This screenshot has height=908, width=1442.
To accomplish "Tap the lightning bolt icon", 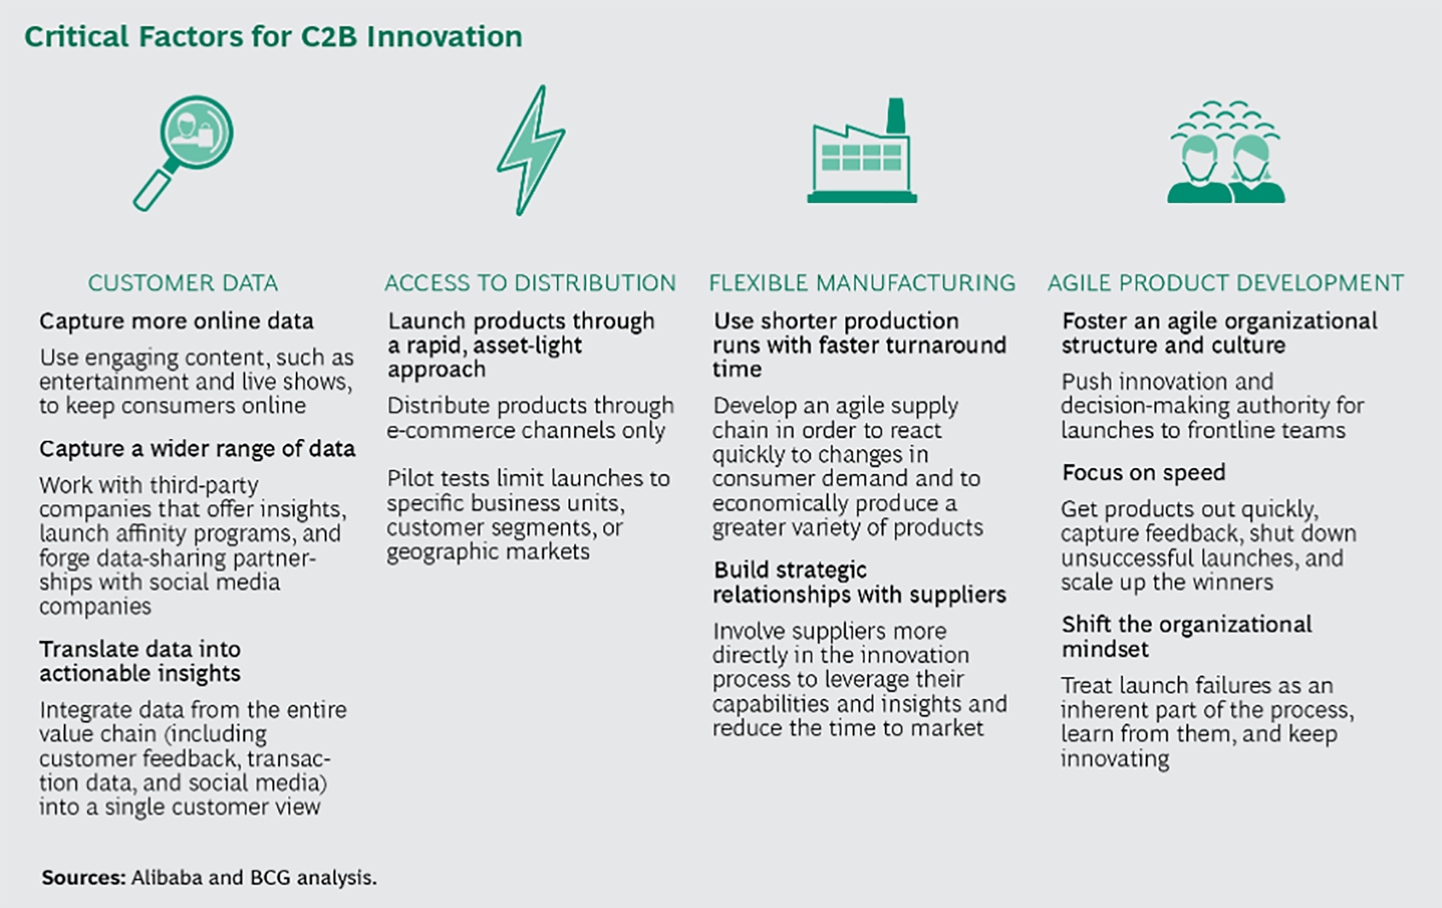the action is click(532, 150).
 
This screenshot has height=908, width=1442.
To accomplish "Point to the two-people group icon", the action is click(1226, 152).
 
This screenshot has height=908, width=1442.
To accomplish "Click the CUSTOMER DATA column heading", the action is click(183, 283).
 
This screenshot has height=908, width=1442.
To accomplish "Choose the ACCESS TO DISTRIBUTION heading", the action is click(530, 283).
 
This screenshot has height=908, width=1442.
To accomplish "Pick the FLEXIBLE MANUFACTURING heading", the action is click(862, 283).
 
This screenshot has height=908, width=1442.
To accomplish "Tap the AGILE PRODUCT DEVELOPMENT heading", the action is click(1226, 283).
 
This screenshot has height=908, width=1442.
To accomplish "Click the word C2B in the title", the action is click(329, 36).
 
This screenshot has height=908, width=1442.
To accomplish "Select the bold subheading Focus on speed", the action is click(1143, 473).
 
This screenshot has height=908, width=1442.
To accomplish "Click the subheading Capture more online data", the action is click(176, 321).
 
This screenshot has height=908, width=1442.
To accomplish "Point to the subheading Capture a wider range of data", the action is click(197, 449).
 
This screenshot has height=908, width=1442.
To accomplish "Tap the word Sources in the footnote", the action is click(83, 878).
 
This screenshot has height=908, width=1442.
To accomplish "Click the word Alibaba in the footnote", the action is click(167, 878).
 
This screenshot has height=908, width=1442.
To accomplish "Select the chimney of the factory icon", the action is click(896, 116).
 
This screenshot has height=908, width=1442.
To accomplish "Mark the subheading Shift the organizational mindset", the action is click(1187, 636).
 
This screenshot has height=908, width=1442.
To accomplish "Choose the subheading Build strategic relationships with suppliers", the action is click(859, 582).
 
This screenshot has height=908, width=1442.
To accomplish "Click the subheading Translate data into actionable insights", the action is click(140, 661).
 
